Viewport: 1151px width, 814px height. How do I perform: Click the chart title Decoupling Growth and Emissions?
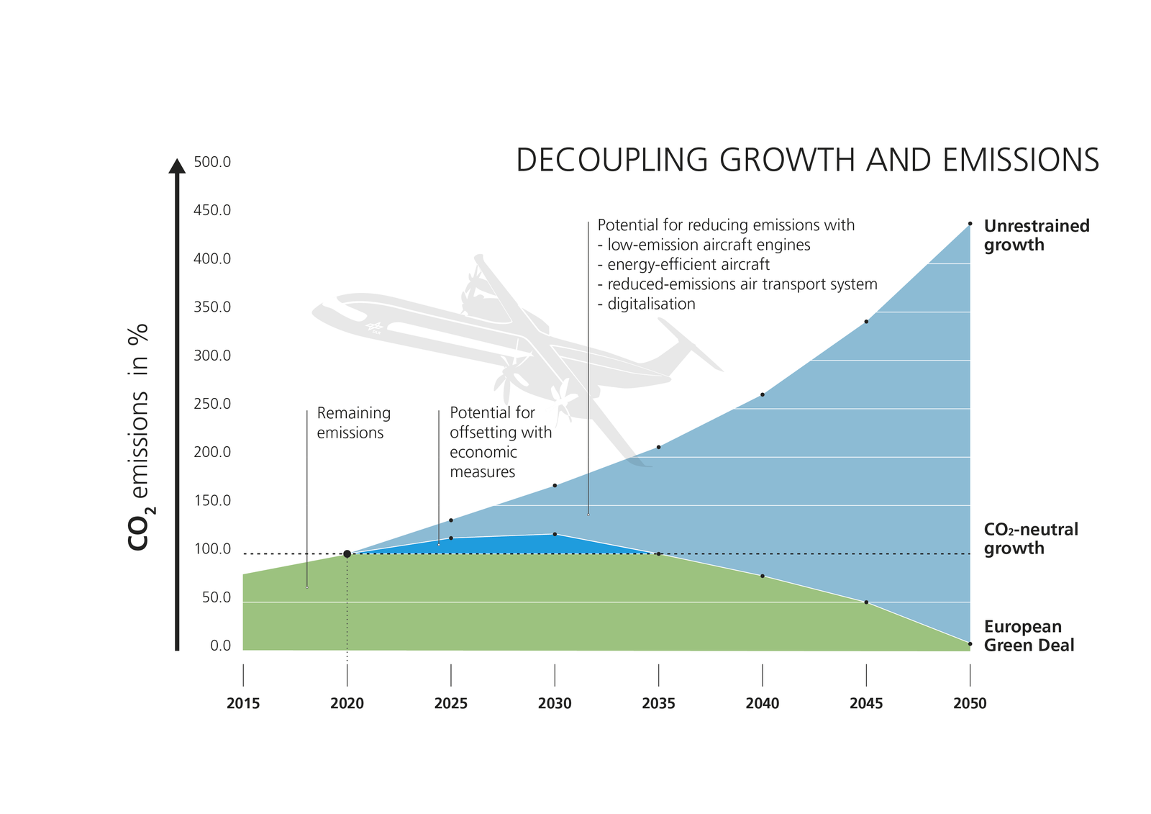pos(807,160)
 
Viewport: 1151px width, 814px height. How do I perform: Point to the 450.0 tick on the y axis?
pos(212,210)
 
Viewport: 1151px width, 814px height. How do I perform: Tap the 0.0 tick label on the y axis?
pos(220,646)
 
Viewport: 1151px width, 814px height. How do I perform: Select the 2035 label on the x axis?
pos(658,703)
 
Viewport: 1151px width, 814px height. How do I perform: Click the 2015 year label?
pos(243,703)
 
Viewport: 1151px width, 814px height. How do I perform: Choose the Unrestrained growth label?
pos(1036,235)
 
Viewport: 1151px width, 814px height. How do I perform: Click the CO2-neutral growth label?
pos(1030,539)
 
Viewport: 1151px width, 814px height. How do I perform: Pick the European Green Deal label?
pos(1029,636)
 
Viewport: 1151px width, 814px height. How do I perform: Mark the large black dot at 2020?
pos(347,553)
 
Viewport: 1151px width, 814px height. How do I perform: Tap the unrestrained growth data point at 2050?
pos(970,224)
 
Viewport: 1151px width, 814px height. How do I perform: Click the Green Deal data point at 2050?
pos(970,643)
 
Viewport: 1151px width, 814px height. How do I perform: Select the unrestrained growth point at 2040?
pos(762,394)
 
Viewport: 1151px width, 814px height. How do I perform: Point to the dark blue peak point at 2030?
pos(555,534)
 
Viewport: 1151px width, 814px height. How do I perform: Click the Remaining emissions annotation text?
pos(353,423)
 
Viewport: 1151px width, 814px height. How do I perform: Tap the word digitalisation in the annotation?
pos(651,304)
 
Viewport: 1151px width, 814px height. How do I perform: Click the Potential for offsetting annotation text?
pos(500,442)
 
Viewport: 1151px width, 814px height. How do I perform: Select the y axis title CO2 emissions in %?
pos(139,437)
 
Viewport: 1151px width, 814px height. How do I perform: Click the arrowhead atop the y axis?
pos(177,166)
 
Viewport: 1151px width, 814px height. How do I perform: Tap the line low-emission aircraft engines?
pos(709,245)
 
